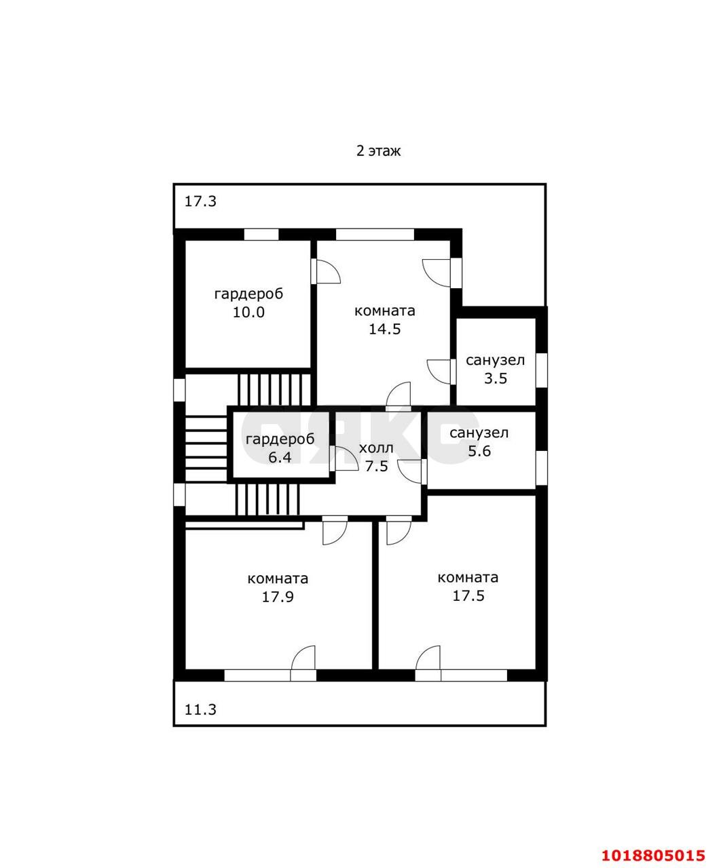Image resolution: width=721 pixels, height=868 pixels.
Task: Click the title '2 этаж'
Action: [x=378, y=151]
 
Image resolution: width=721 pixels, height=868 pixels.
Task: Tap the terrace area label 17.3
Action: [x=200, y=201]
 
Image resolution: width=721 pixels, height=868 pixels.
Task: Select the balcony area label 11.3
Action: [x=200, y=709]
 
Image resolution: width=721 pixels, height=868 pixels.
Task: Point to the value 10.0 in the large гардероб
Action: [x=248, y=312]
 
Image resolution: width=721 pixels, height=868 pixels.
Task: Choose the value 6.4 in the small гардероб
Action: [x=280, y=458]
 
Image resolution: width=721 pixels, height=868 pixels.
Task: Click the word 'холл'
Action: [x=376, y=448]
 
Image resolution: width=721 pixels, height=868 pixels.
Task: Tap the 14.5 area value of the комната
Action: [x=385, y=330]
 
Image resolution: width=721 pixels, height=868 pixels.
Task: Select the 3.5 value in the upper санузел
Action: [x=496, y=378]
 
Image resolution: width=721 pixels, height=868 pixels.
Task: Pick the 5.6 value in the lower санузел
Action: [x=479, y=451]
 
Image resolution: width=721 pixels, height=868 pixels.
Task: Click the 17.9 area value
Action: [x=278, y=597]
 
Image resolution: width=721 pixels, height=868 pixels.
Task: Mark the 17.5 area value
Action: [x=468, y=595]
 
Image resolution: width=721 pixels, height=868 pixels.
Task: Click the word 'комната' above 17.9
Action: [x=278, y=578]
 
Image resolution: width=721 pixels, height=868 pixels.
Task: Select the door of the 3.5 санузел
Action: [x=442, y=372]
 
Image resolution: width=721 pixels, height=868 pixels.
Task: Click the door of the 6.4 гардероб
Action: [x=344, y=458]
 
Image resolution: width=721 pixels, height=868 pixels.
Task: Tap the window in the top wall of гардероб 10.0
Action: [x=261, y=235]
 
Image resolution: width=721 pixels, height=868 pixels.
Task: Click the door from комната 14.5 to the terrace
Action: [x=442, y=273]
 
